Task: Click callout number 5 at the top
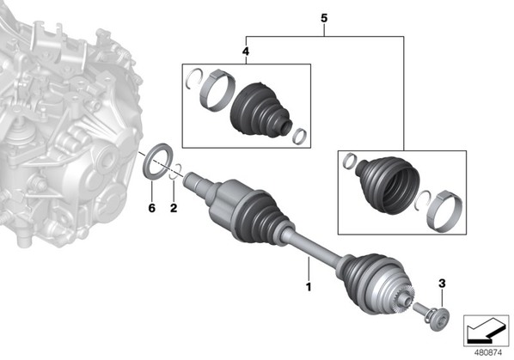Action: point(324,18)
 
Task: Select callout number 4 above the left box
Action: point(246,52)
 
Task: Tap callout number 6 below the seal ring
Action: point(152,208)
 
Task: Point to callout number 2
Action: point(174,208)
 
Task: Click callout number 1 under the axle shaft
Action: point(308,287)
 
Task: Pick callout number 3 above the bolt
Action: point(442,284)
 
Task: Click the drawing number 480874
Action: point(488,353)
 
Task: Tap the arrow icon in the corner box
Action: point(486,330)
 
